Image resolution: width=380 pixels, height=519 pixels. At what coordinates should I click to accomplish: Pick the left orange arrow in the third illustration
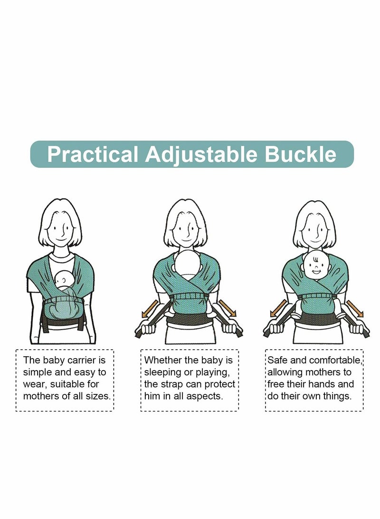point(278,307)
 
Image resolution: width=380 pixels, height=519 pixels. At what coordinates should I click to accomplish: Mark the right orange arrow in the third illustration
point(354,308)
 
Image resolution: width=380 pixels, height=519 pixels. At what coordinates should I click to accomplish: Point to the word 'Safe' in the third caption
point(276,360)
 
